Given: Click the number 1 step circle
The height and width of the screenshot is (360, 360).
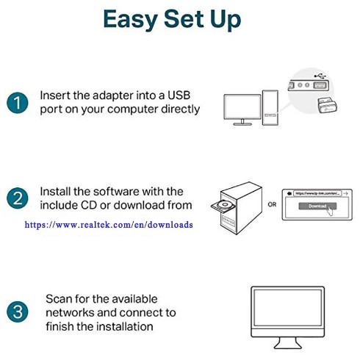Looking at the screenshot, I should pos(17,102).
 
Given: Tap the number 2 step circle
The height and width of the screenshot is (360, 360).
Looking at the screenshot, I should pos(17,198).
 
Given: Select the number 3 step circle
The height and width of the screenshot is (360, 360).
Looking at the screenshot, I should pos(17,310).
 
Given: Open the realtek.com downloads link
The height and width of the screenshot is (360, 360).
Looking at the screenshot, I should pos(109,225).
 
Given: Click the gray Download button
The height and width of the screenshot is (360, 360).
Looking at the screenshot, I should pos(317,206).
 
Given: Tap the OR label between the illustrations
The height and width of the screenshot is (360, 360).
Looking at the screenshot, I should pos(272,205).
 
